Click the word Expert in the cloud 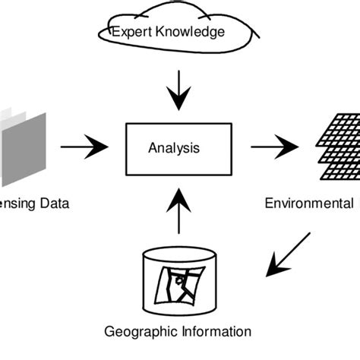[130, 32]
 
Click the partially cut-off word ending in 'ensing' [18, 204]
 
